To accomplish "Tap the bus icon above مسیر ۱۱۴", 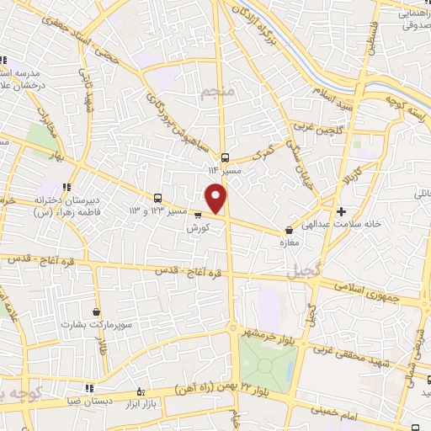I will click(x=225, y=157).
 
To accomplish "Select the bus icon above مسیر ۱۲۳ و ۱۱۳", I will click(x=157, y=199).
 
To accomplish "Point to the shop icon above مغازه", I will click(x=290, y=228).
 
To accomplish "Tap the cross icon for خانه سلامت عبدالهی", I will click(x=341, y=212).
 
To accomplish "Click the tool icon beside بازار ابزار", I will click(x=141, y=393).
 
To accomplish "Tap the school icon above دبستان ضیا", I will click(x=89, y=388).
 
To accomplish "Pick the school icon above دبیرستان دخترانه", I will click(x=66, y=188).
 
